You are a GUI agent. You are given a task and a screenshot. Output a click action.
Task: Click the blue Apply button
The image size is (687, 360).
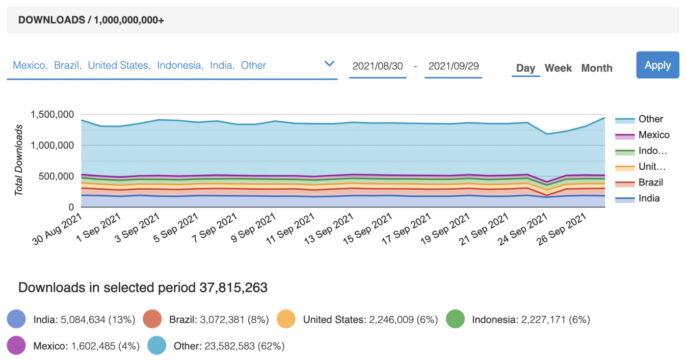[658, 65]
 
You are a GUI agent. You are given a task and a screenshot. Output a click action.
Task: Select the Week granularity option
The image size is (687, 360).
[558, 68]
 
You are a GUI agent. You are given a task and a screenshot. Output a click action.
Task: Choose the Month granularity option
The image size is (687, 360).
[597, 68]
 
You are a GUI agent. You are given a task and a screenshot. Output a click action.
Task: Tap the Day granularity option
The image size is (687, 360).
[526, 68]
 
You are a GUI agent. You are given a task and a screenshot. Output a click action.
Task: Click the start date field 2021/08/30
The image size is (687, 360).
[377, 66]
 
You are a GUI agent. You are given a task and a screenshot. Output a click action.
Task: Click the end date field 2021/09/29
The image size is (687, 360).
[453, 66]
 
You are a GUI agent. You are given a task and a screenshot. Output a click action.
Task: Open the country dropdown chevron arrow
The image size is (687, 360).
[330, 64]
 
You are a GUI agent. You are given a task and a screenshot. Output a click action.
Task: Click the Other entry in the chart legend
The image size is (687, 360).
[650, 119]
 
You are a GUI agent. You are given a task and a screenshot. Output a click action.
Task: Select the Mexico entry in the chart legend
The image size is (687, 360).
[654, 135]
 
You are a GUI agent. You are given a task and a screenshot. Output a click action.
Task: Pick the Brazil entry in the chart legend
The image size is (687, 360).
[650, 182]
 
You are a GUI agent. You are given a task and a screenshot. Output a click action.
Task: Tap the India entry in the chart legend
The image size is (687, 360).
[649, 198]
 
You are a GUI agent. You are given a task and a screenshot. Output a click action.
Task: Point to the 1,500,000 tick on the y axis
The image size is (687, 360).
[52, 115]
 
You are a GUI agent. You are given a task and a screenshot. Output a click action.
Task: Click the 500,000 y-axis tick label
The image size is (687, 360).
[56, 176]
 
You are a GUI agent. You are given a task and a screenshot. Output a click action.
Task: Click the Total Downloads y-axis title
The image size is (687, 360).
[19, 160]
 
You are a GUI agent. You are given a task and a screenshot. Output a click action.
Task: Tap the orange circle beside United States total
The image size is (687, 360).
[286, 319]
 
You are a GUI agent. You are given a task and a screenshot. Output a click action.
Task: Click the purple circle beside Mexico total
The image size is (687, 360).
[16, 346]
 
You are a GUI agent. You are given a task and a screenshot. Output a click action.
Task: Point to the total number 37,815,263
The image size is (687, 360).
[234, 287]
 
